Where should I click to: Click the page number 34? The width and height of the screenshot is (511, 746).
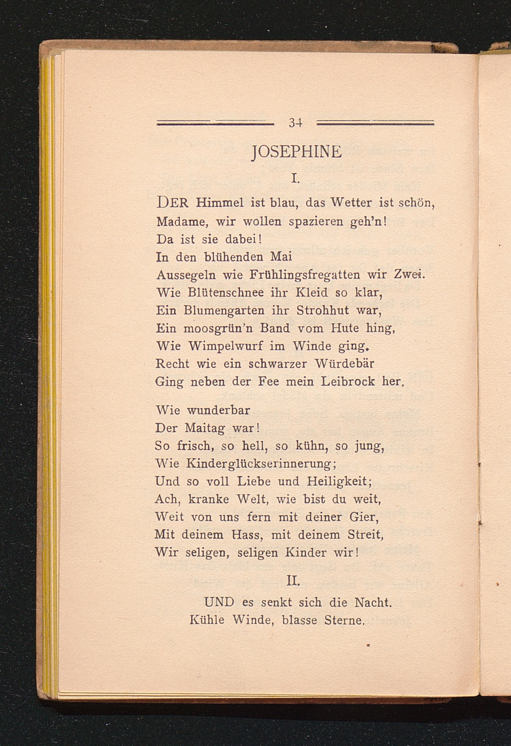pos(296,123)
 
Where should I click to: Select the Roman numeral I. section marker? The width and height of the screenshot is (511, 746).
pos(295,178)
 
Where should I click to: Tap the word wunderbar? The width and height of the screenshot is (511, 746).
pos(219,410)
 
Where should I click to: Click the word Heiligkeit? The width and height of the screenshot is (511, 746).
pos(338,482)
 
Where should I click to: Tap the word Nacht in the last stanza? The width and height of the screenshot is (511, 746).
pos(372,602)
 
